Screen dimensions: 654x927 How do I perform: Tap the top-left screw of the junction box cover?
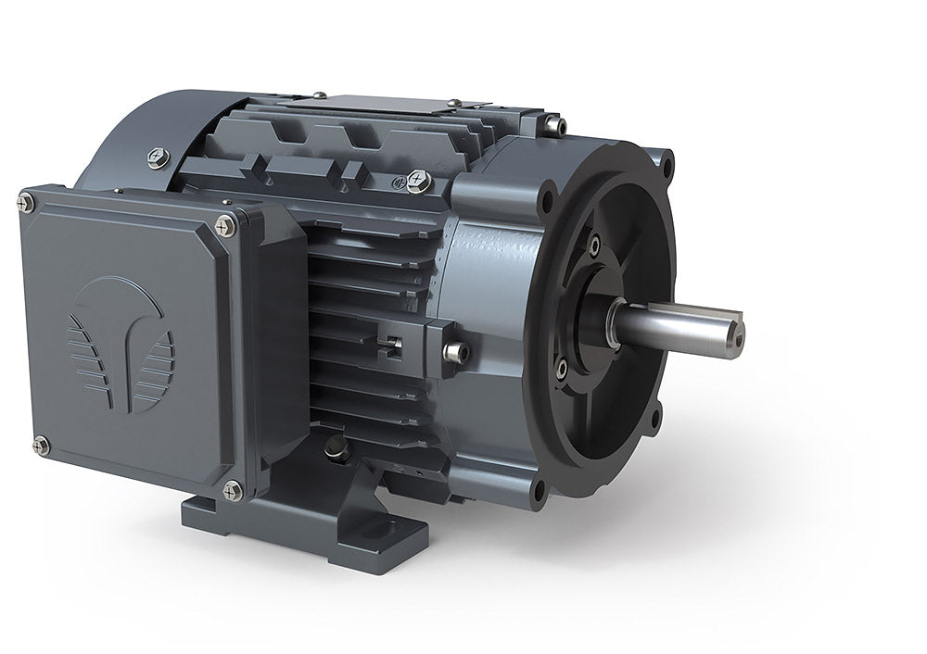[26, 202]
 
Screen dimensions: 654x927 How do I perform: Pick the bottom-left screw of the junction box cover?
[40, 446]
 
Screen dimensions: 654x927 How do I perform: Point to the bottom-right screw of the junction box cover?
[233, 489]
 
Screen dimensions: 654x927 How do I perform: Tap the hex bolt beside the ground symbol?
[418, 181]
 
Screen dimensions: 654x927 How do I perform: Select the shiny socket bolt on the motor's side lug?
[453, 352]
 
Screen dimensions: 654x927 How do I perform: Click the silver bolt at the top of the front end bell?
[554, 124]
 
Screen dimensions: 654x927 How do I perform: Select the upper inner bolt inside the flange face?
[593, 245]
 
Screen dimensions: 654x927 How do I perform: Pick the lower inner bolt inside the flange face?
[561, 369]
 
